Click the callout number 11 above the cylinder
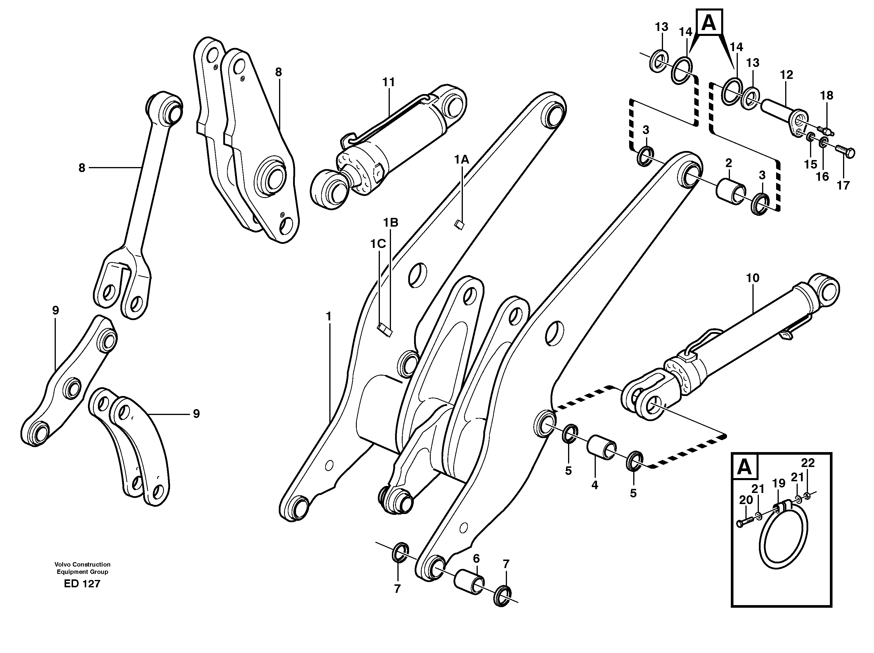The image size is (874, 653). pyautogui.click(x=388, y=83)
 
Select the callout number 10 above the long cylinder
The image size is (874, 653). pyautogui.click(x=752, y=278)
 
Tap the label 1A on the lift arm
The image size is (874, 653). pyautogui.click(x=461, y=160)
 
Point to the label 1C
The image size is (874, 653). pyautogui.click(x=378, y=244)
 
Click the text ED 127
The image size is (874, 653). pyautogui.click(x=82, y=583)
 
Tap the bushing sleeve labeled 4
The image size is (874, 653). pyautogui.click(x=600, y=447)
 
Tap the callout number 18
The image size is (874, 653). pyautogui.click(x=827, y=95)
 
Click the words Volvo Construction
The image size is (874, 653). pyautogui.click(x=82, y=565)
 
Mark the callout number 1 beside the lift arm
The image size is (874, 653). pyautogui.click(x=328, y=317)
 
